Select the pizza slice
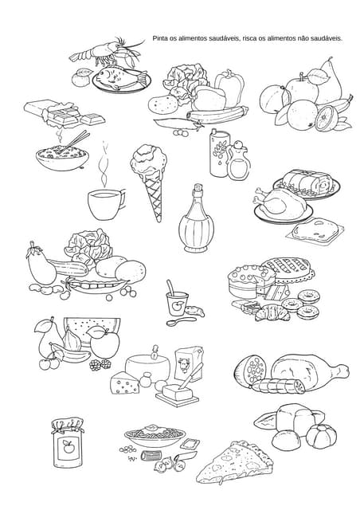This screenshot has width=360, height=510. (234, 462)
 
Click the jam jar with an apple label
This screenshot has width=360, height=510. (68, 443)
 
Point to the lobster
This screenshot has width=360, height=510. (108, 52)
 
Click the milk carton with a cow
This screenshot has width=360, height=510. (188, 363)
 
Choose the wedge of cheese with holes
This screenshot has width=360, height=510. (125, 383)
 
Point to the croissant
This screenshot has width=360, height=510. (272, 313)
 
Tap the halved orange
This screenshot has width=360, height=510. (327, 118)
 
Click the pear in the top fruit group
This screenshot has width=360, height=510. (329, 81)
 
